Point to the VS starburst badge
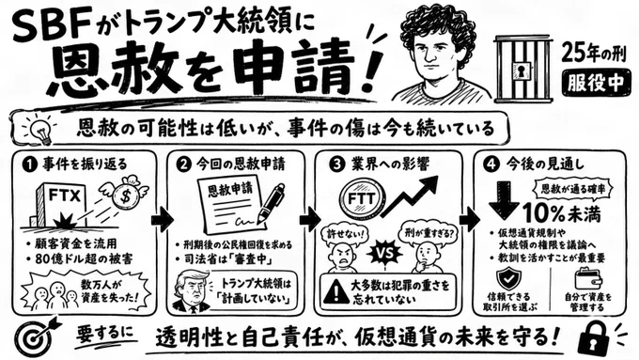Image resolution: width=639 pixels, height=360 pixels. [384, 253]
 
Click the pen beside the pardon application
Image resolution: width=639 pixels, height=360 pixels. [272, 205]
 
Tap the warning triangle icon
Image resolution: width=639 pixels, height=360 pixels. [335, 292]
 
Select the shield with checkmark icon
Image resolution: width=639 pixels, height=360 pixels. [508, 278]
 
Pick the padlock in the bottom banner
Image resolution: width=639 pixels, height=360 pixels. [594, 337]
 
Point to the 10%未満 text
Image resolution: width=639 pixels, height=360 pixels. [562, 212]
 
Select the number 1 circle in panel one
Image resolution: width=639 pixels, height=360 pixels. [29, 164]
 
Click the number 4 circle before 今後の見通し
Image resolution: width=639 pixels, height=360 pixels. [491, 164]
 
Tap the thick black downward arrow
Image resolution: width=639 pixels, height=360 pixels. [503, 200]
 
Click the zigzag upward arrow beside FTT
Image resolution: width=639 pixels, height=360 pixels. [410, 196]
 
